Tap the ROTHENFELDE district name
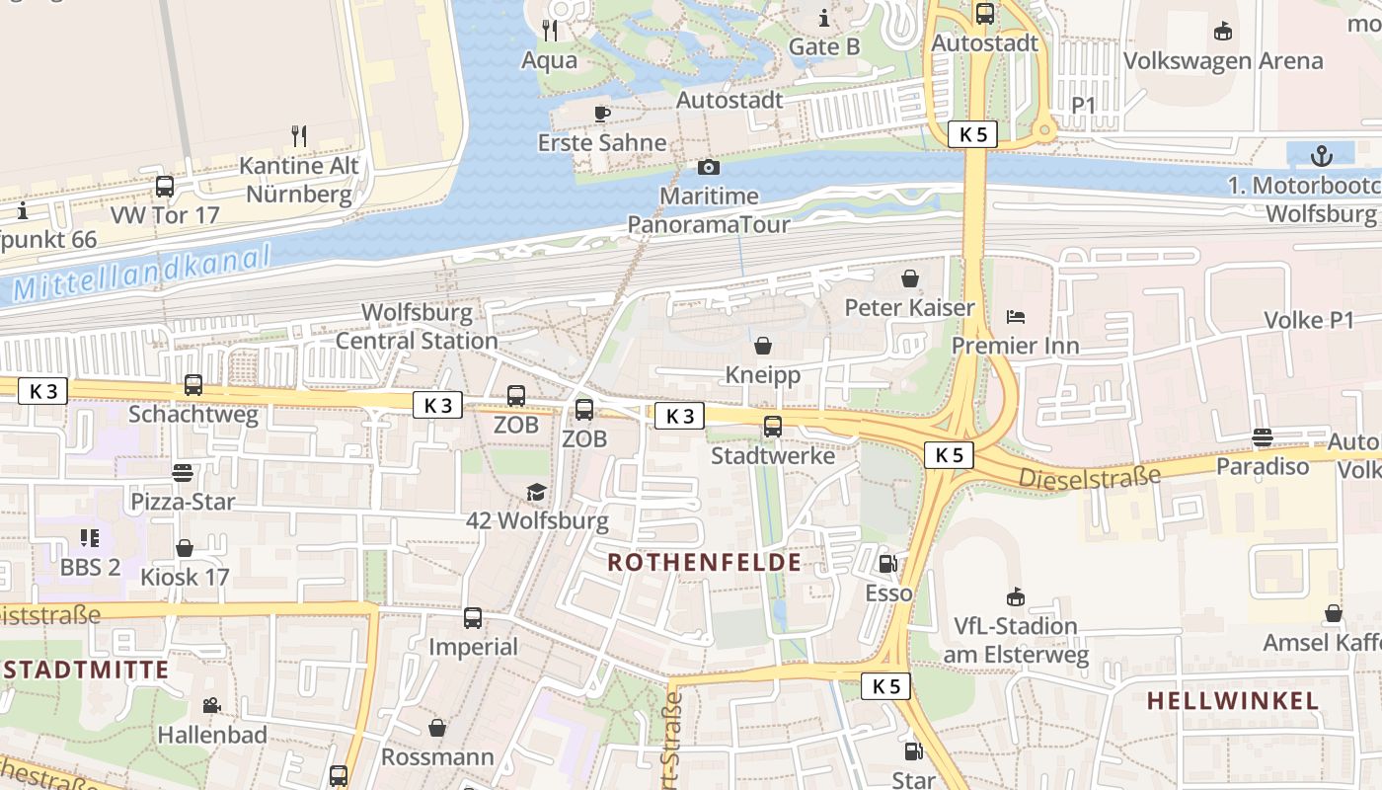coord(704,563)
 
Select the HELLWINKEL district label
coord(1232,701)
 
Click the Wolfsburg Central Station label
coord(417,327)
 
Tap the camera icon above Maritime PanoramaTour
coord(708,168)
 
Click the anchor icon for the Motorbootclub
coord(1321,155)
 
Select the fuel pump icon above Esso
coord(887,564)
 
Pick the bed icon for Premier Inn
coord(1016,317)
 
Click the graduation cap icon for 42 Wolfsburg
coord(535,492)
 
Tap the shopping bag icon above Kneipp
coord(762,346)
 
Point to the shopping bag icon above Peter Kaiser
coord(909,278)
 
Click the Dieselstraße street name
coord(1089,478)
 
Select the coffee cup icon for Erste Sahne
coord(601,114)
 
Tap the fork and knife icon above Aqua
coord(550,31)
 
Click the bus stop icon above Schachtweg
coord(193,385)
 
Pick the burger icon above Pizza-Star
coord(183,472)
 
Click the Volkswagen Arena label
coord(1223,60)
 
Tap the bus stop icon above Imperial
coord(473,618)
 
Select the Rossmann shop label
coord(437,757)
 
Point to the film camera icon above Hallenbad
coord(211,705)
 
